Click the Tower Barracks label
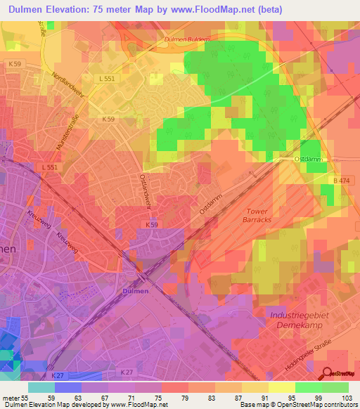tap(259, 215)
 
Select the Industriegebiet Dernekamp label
tap(295, 322)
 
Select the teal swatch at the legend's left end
tap(41, 388)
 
